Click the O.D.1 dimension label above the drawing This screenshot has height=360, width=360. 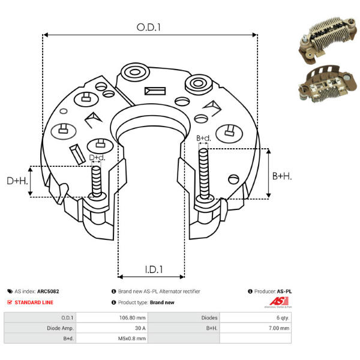(x=149, y=28)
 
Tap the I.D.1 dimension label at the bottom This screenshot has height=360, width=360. (x=154, y=269)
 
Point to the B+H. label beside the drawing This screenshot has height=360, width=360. (x=282, y=176)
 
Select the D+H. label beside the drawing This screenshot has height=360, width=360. (x=17, y=181)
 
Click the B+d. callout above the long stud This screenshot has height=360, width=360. (x=203, y=138)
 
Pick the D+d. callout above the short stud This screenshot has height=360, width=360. (x=97, y=157)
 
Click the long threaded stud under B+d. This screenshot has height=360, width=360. (x=203, y=174)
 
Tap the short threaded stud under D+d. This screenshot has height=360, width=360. (x=97, y=182)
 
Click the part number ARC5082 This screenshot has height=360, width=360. (x=48, y=292)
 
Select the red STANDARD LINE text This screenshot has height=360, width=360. (x=34, y=302)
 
